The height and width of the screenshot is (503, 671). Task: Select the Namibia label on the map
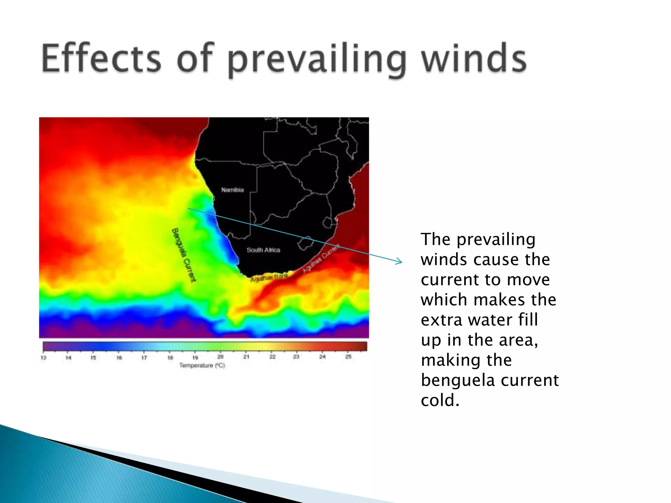232,190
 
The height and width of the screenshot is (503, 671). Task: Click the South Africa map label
263,250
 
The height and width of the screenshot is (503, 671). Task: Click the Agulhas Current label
320,259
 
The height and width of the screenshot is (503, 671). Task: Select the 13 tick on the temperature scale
43,358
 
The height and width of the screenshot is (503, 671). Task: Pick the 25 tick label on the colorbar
348,357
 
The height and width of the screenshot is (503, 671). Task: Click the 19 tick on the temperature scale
195,358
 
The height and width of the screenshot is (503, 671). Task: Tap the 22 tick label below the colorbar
272,357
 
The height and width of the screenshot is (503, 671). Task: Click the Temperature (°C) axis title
202,365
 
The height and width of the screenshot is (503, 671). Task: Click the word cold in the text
440,401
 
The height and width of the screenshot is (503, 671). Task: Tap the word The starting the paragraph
436,239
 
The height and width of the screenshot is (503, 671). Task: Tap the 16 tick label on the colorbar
119,358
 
